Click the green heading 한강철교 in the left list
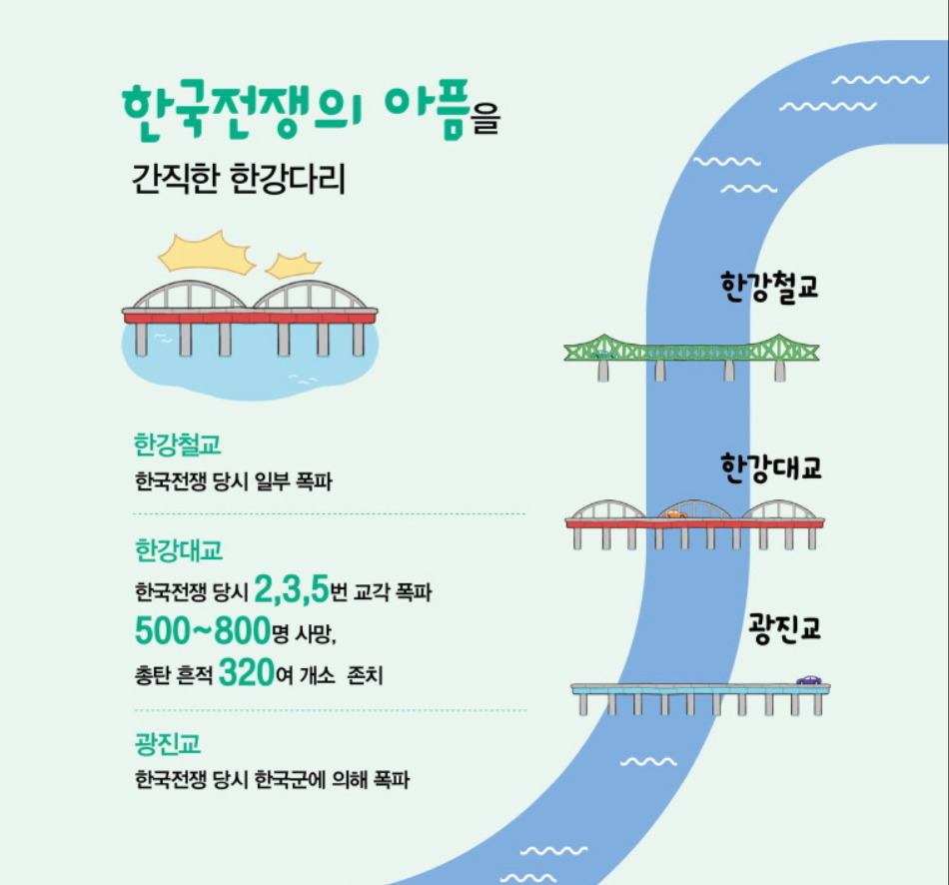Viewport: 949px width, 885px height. click(177, 444)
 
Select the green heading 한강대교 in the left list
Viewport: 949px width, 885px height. click(178, 550)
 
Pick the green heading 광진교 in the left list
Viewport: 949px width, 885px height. click(168, 744)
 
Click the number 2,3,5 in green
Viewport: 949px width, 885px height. click(291, 590)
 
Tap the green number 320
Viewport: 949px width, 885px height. click(246, 672)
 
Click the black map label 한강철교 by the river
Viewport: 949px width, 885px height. click(768, 287)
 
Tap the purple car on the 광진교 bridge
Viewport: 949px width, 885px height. click(809, 680)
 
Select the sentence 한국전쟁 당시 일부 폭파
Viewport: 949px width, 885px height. click(233, 481)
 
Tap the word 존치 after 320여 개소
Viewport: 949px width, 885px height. click(364, 676)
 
